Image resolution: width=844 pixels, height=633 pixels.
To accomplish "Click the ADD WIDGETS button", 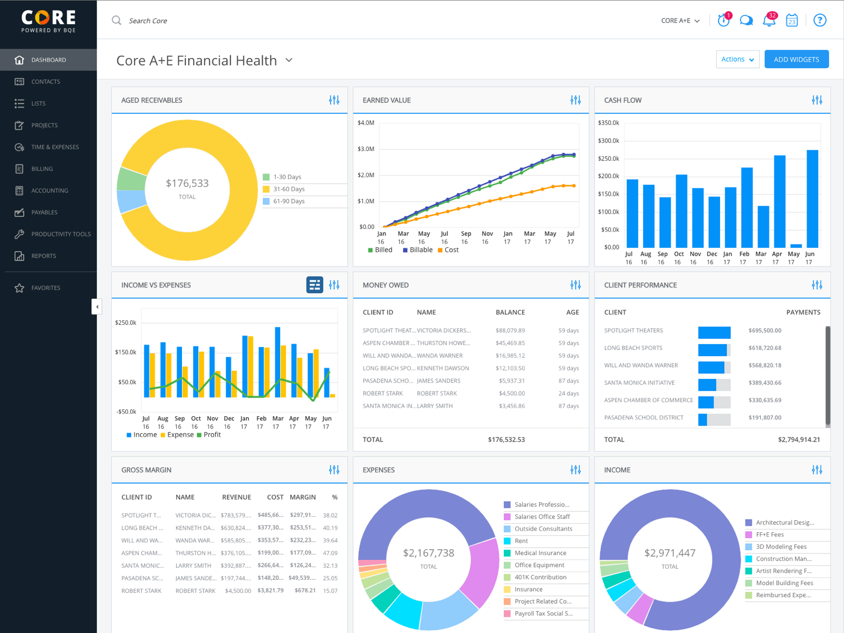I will point(797,60).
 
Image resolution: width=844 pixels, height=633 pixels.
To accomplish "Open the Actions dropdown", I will point(737,60).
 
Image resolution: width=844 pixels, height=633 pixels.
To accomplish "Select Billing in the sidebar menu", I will point(42,169).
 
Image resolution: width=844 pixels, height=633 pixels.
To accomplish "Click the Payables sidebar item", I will point(44,212).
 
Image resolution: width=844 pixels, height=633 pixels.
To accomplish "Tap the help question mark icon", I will point(820,21).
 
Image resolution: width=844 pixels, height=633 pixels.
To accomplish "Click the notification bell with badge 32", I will point(769,21).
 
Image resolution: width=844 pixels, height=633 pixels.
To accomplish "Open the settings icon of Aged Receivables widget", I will point(334,100).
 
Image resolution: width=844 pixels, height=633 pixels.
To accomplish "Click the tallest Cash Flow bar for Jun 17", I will point(812,199).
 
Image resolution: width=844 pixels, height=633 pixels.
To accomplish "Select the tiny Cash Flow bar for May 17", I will point(796,246).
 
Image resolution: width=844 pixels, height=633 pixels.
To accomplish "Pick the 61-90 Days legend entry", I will point(289,201).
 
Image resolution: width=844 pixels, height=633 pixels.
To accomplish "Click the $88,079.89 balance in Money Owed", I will point(510,331).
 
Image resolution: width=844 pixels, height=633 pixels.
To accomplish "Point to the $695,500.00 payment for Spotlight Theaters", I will point(765,331).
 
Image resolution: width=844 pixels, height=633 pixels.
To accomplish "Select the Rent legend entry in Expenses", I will point(521,541).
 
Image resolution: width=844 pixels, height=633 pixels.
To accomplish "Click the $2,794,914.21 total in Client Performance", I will point(799,439).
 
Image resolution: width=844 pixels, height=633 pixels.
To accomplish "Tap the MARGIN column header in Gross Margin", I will point(303,497).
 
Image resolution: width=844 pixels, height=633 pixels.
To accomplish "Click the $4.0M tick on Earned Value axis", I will point(366,123).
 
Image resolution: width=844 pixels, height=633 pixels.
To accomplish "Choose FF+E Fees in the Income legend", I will point(770,534).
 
